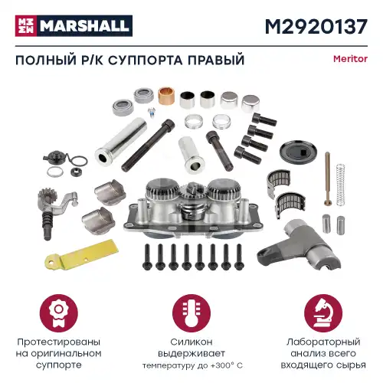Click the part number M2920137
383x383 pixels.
click(x=315, y=28)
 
